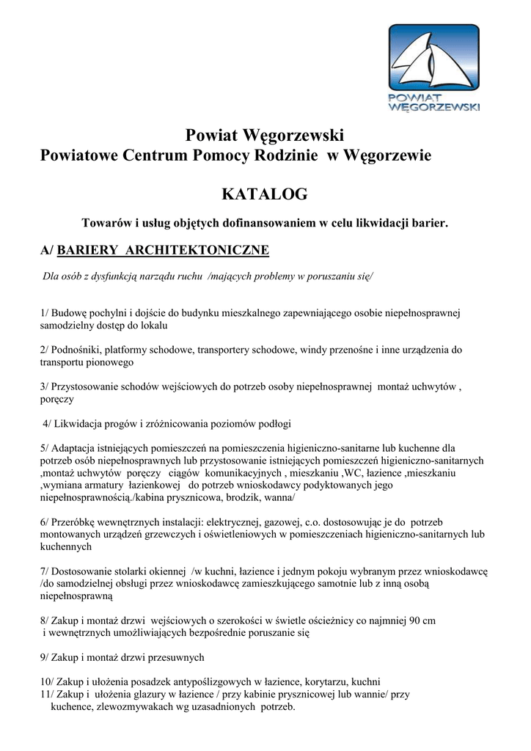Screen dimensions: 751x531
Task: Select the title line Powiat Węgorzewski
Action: click(265, 135)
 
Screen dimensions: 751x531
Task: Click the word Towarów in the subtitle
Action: click(103, 221)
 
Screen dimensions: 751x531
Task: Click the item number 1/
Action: click(45, 313)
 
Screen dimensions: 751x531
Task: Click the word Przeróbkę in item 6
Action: click(74, 522)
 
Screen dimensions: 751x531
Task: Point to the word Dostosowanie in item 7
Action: click(82, 571)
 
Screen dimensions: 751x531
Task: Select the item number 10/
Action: click(48, 681)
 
